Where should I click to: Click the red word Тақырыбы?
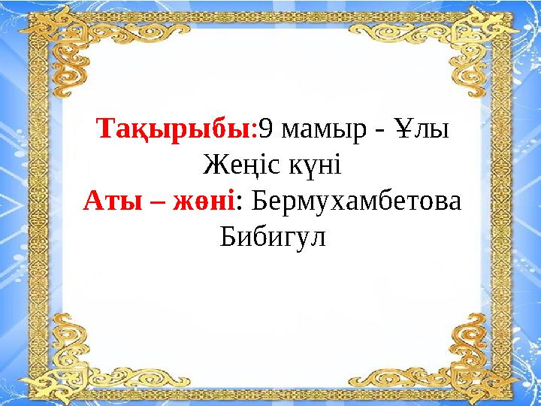[x=176, y=129]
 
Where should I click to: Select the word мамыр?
[x=313, y=131]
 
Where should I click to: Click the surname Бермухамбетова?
[x=356, y=201]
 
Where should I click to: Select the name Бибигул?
[x=274, y=238]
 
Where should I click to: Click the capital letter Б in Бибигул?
[x=227, y=238]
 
